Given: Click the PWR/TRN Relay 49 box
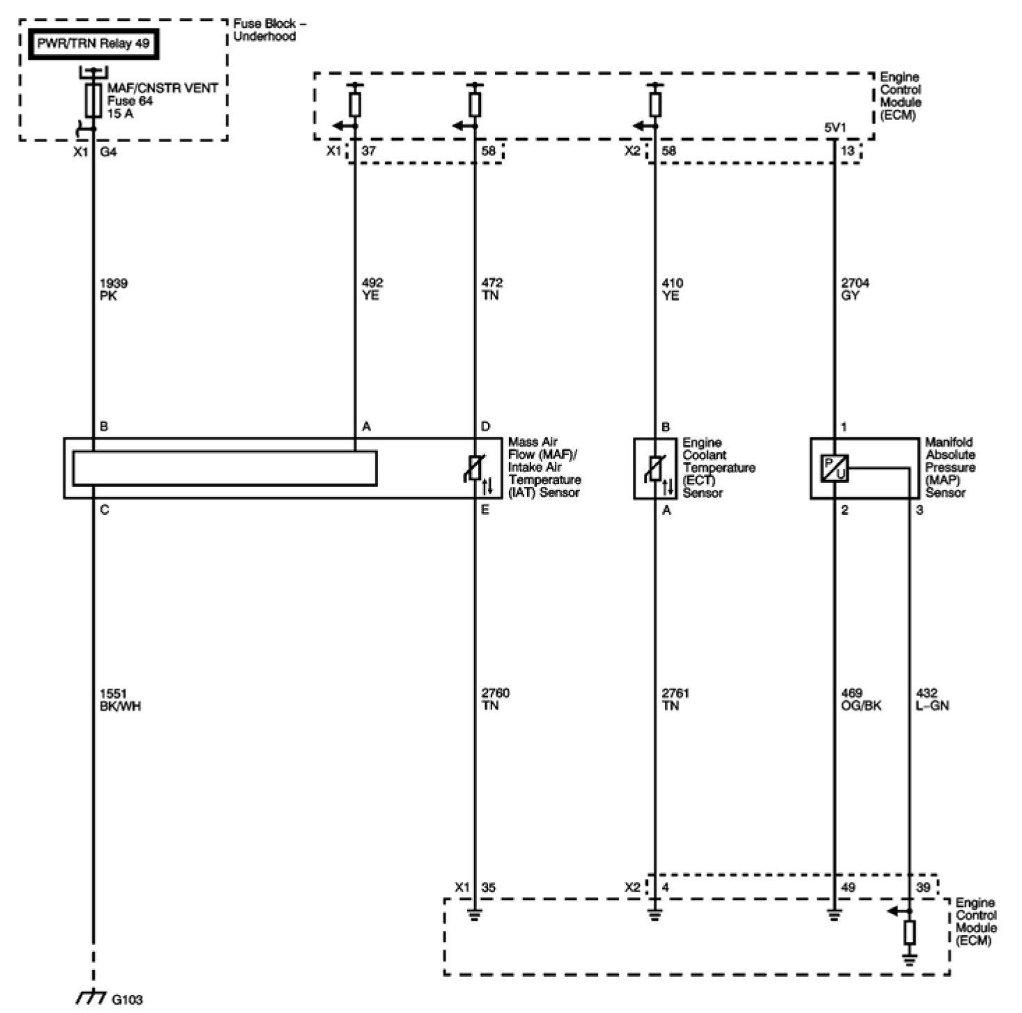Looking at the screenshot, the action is pyautogui.click(x=93, y=44).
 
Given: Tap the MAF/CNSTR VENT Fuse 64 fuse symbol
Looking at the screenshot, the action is pyautogui.click(x=92, y=101).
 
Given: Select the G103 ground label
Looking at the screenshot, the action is pyautogui.click(x=127, y=1000).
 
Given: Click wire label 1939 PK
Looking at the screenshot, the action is pyautogui.click(x=113, y=289).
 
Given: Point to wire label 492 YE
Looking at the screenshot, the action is pyautogui.click(x=372, y=289).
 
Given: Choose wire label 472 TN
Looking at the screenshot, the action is pyautogui.click(x=491, y=289).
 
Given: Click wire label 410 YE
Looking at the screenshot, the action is pyautogui.click(x=673, y=289).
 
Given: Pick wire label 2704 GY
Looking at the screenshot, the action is pyautogui.click(x=855, y=289).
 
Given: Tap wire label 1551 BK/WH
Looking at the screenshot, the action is pyautogui.click(x=120, y=699).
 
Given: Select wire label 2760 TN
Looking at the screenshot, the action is pyautogui.click(x=495, y=699).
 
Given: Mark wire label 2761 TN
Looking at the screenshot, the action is pyautogui.click(x=675, y=699).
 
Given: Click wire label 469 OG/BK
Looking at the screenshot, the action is pyautogui.click(x=861, y=699).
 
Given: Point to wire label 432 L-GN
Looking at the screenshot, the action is pyautogui.click(x=932, y=699).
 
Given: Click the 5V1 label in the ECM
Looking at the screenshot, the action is pyautogui.click(x=835, y=128).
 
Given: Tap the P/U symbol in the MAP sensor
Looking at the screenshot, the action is pyautogui.click(x=833, y=468).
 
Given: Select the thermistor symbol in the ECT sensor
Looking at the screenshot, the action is pyautogui.click(x=654, y=468).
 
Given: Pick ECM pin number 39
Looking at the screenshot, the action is pyautogui.click(x=923, y=888).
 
